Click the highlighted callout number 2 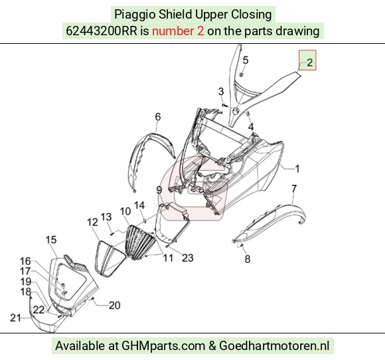pyautogui.click(x=309, y=62)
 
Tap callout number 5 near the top pyautogui.click(x=246, y=60)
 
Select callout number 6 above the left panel pyautogui.click(x=157, y=116)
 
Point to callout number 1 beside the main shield pyautogui.click(x=297, y=169)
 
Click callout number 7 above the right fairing pyautogui.click(x=294, y=189)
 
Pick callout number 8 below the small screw pyautogui.click(x=247, y=259)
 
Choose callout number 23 pyautogui.click(x=188, y=258)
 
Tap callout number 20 pyautogui.click(x=114, y=305)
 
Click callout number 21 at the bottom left pyautogui.click(x=15, y=318)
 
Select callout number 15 pyautogui.click(x=51, y=240)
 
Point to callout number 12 pyautogui.click(x=92, y=222)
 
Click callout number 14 pyautogui.click(x=139, y=205)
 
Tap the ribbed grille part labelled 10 pyautogui.click(x=141, y=243)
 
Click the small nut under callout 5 pyautogui.click(x=241, y=74)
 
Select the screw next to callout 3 pyautogui.click(x=224, y=105)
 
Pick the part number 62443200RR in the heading pyautogui.click(x=102, y=31)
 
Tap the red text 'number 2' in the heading pyautogui.click(x=178, y=31)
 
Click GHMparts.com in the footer pyautogui.click(x=163, y=346)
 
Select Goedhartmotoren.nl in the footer pyautogui.click(x=274, y=346)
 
